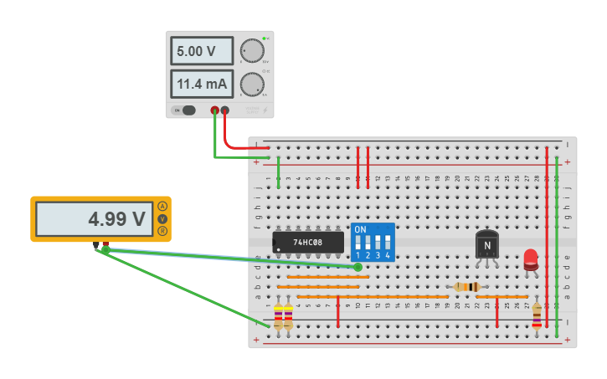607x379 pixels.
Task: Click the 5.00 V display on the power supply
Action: [202, 51]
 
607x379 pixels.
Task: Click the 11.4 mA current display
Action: [202, 84]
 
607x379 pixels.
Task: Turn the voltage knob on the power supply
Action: [251, 50]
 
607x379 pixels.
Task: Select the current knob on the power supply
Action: [251, 84]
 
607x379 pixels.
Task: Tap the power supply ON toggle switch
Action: [188, 110]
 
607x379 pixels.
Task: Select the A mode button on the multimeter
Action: [162, 206]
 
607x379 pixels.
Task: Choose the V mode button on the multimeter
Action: [162, 218]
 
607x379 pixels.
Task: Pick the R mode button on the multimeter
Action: [162, 231]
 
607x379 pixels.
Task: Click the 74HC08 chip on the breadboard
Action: [308, 243]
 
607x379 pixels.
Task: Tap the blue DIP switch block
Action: [373, 243]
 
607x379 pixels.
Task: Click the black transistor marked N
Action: [486, 245]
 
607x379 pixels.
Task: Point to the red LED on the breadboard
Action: [531, 259]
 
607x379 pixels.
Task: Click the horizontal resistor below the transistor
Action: [466, 287]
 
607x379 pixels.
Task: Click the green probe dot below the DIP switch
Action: [358, 267]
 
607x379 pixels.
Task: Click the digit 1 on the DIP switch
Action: [358, 255]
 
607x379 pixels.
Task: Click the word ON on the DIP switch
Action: [360, 229]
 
